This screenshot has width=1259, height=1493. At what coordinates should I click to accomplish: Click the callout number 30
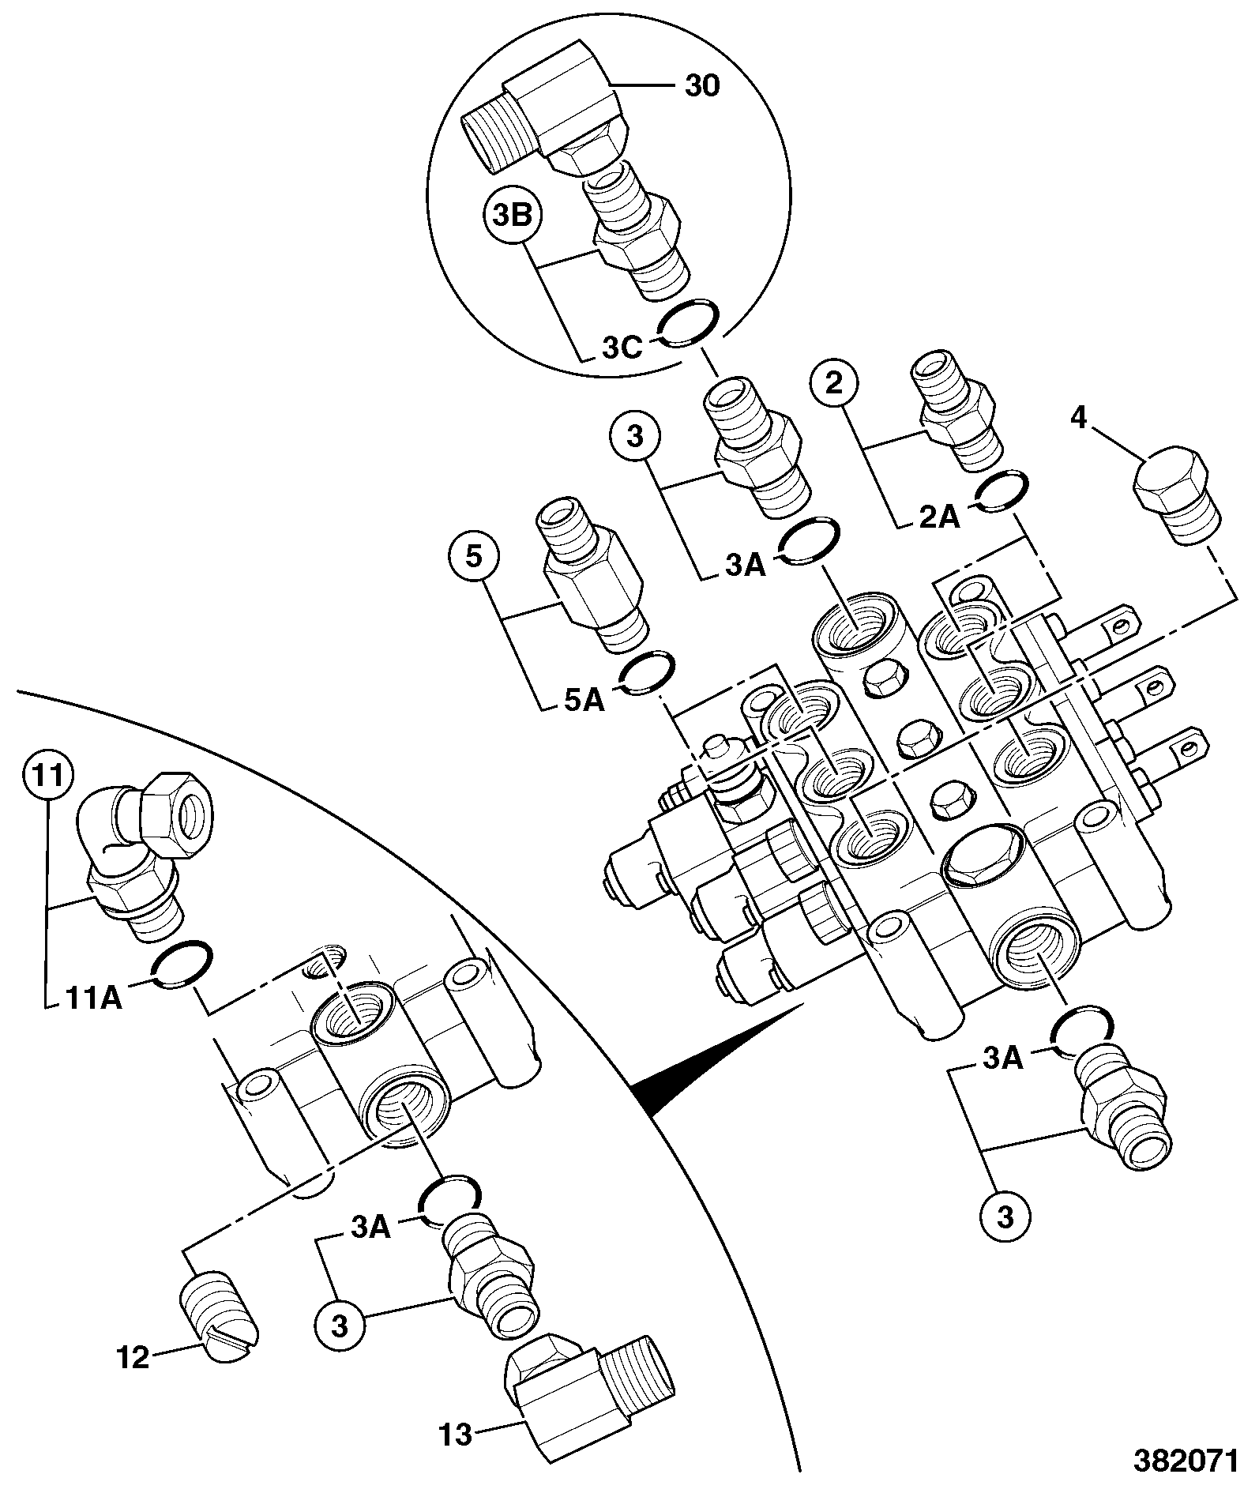(x=701, y=85)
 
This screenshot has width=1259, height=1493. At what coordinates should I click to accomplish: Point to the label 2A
(x=938, y=517)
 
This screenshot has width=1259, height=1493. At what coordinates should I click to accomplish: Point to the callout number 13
(x=456, y=1434)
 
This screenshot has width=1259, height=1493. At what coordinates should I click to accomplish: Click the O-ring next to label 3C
(x=687, y=325)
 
